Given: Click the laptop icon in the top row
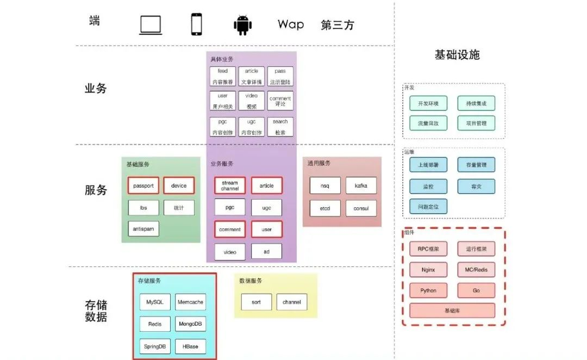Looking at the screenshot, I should (151, 25).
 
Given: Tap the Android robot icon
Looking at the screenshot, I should (242, 25).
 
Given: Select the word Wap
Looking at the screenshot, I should (291, 24).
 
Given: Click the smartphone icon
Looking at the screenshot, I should (197, 24).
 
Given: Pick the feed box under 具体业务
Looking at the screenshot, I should (223, 77).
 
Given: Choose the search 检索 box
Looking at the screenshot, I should (280, 127).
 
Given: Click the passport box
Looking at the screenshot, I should (143, 186).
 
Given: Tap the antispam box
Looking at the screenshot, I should (143, 229).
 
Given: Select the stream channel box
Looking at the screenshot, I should (230, 186).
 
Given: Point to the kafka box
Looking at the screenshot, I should (361, 186).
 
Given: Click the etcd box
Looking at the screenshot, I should (325, 208).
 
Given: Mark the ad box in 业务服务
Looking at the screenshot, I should (267, 252).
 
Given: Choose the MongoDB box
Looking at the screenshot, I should (190, 324).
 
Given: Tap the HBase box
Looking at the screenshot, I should (190, 346).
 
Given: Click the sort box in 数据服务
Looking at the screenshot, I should (256, 302).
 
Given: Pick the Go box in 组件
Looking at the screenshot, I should (476, 290).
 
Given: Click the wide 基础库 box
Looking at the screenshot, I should (452, 311).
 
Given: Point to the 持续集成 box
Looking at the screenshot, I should (476, 103).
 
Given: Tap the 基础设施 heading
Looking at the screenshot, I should (457, 55).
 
